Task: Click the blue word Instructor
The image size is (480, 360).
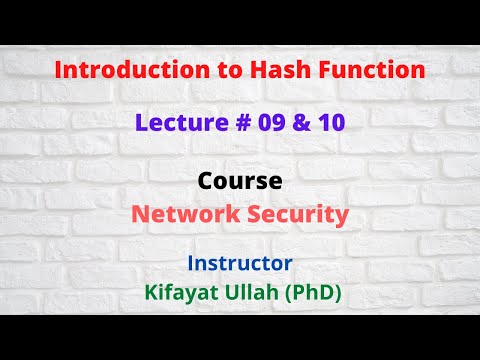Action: [x=240, y=264]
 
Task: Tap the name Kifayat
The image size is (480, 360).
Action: [x=185, y=293]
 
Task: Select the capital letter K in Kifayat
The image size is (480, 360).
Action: [x=153, y=293]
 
